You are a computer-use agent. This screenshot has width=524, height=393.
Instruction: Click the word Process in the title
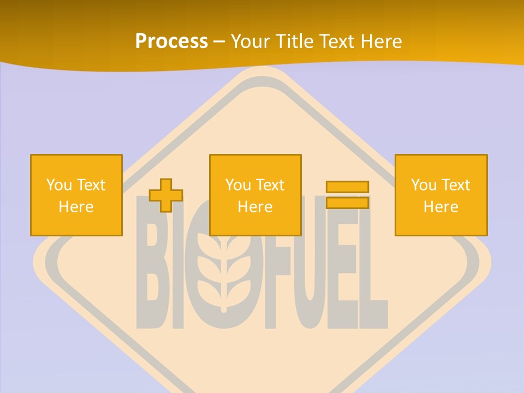pyautogui.click(x=171, y=41)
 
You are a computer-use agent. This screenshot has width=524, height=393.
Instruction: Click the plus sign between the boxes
pyautogui.click(x=166, y=195)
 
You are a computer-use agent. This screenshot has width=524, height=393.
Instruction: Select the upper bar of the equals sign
pyautogui.click(x=347, y=187)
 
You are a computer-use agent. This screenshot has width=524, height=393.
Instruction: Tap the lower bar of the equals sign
pyautogui.click(x=347, y=203)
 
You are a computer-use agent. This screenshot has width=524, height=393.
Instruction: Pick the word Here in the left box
pyautogui.click(x=76, y=207)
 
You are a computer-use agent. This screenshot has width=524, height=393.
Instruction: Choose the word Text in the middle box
pyautogui.click(x=270, y=185)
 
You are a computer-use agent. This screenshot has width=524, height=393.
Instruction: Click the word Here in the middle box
pyautogui.click(x=255, y=207)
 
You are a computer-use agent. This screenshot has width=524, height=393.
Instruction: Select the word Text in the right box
pyautogui.click(x=456, y=185)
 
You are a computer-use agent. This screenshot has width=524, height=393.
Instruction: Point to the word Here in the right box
pyautogui.click(x=440, y=207)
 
